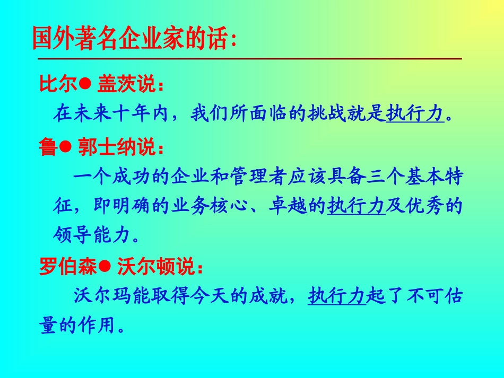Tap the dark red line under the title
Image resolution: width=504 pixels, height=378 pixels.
click(x=247, y=58)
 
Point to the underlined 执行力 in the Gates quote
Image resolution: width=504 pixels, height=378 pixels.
click(x=414, y=113)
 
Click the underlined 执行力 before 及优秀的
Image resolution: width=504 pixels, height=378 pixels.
click(x=355, y=206)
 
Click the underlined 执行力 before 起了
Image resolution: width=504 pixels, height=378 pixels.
click(x=336, y=296)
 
